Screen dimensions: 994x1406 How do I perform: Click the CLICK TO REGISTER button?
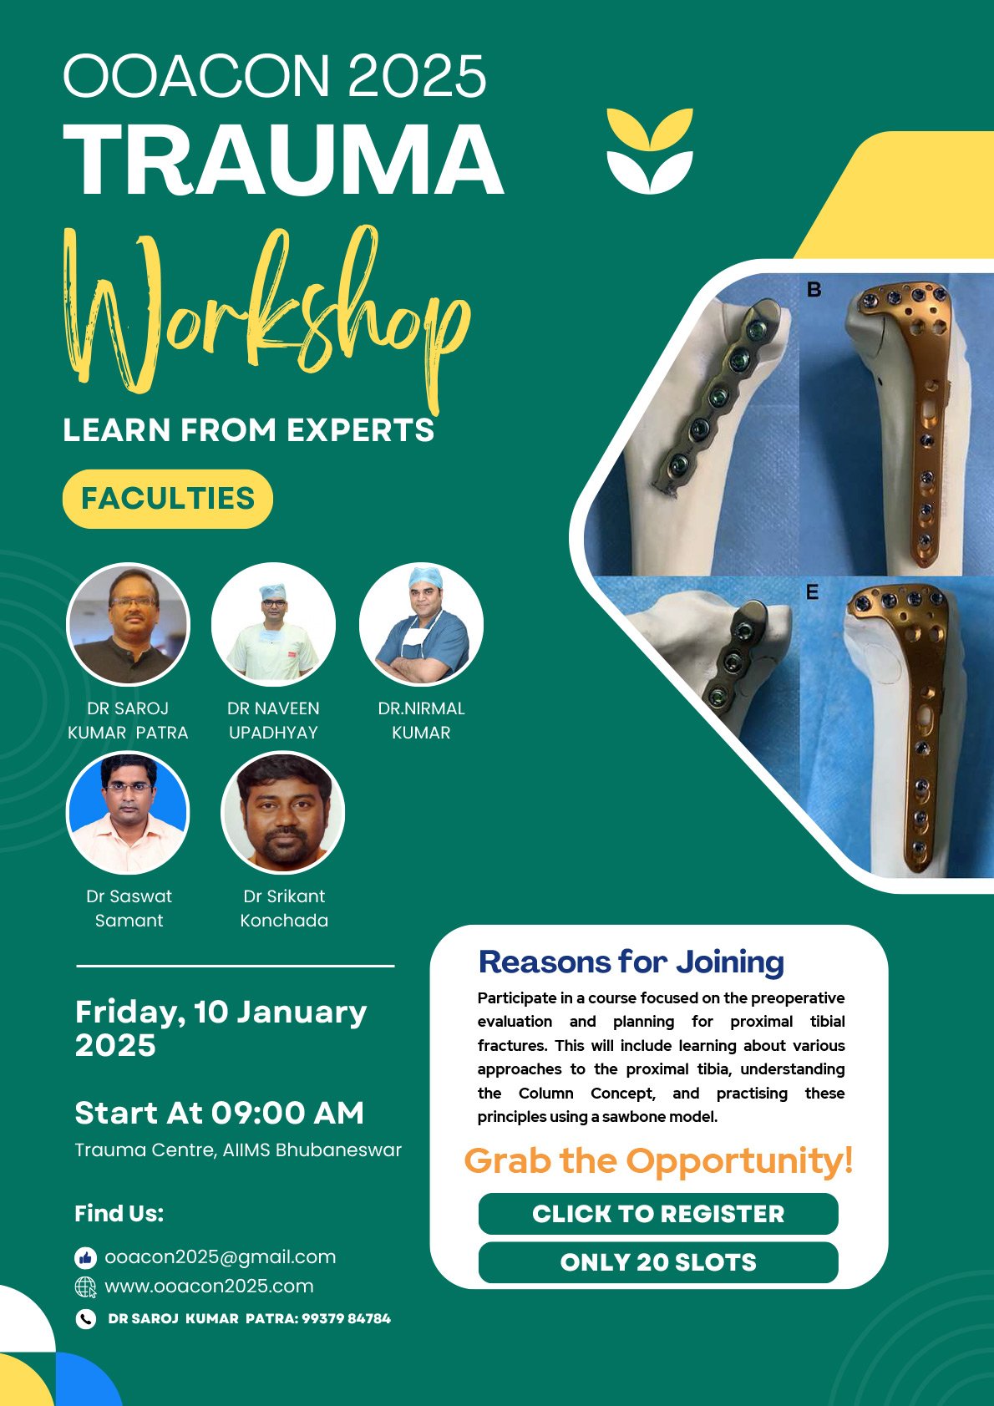coord(657,1213)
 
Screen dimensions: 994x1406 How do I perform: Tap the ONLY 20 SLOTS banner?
coord(657,1261)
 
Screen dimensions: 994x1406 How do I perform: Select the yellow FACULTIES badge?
coord(168,499)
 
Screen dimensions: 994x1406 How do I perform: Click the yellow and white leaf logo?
coord(650,150)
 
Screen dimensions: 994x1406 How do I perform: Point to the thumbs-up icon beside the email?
coord(85,1257)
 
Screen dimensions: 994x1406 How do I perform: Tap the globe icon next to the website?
coord(85,1287)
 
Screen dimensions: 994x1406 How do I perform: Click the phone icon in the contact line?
coord(85,1319)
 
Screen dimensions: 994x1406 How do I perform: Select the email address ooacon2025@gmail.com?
coord(221,1256)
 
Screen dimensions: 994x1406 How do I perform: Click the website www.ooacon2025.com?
coord(209,1286)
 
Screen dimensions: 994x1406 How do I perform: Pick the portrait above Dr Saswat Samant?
coord(128,813)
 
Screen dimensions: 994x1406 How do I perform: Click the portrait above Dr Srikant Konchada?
coord(283,813)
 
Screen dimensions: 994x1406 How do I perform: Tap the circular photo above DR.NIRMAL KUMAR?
coord(421,624)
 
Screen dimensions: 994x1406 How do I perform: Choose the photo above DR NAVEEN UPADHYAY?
coord(274,624)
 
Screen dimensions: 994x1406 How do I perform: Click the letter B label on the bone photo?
coord(814,289)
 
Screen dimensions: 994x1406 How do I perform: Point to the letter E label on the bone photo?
coord(813,592)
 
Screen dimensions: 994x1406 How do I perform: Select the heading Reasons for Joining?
coord(631,962)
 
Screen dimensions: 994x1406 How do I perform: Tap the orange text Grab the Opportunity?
coord(658,1160)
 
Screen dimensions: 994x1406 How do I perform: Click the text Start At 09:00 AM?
coord(220,1113)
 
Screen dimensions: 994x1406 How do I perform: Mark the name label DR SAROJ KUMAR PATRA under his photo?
coord(128,720)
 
